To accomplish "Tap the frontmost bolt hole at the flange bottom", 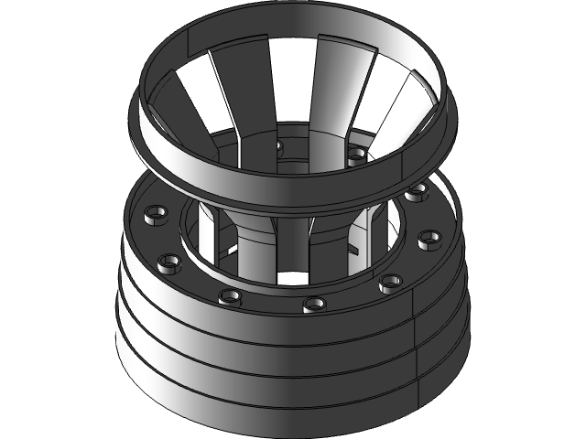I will pos(314,303).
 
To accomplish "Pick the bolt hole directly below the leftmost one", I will pos(168,263).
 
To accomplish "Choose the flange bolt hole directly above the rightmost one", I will pos(418,192).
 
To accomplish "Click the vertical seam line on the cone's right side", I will pos(418,338).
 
